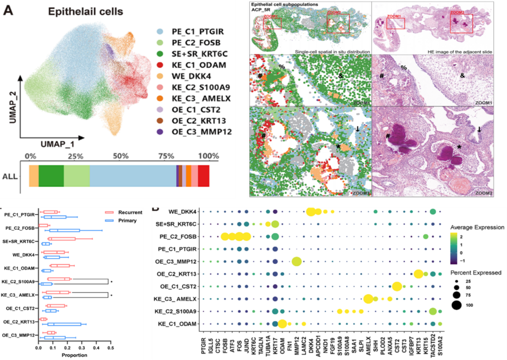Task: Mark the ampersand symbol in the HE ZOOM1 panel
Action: (x=462, y=76)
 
